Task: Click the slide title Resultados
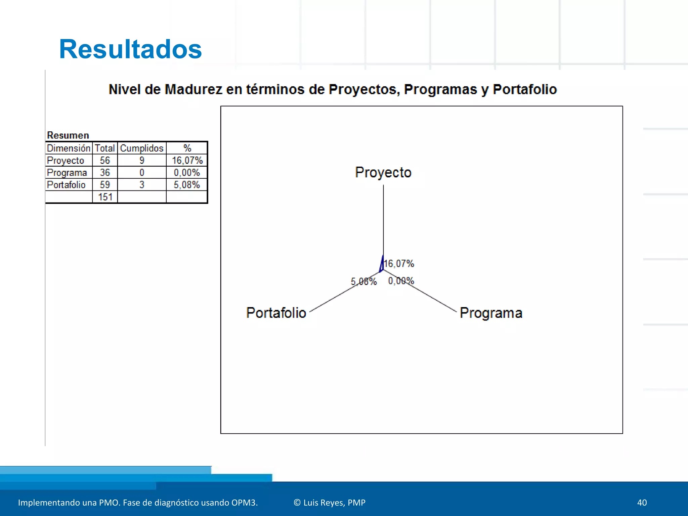pyautogui.click(x=130, y=49)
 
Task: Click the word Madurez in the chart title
pyautogui.click(x=193, y=89)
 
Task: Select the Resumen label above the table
pyautogui.click(x=68, y=135)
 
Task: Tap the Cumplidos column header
pyautogui.click(x=142, y=148)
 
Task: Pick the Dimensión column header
pyautogui.click(x=69, y=148)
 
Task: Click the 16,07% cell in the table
pyautogui.click(x=187, y=160)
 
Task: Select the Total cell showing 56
pyautogui.click(x=105, y=160)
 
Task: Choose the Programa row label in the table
pyautogui.click(x=67, y=173)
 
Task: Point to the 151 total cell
pyautogui.click(x=105, y=197)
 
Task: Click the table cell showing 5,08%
pyautogui.click(x=187, y=185)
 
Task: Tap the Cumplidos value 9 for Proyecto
pyautogui.click(x=142, y=160)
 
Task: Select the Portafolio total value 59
pyautogui.click(x=105, y=185)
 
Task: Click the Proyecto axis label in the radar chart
pyautogui.click(x=383, y=172)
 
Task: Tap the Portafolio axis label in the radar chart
pyautogui.click(x=276, y=313)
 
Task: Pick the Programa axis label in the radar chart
pyautogui.click(x=491, y=313)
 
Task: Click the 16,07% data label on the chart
pyautogui.click(x=399, y=264)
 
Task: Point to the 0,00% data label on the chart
pyautogui.click(x=401, y=281)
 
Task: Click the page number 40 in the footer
pyautogui.click(x=642, y=503)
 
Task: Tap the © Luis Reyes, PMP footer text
pyautogui.click(x=329, y=503)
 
